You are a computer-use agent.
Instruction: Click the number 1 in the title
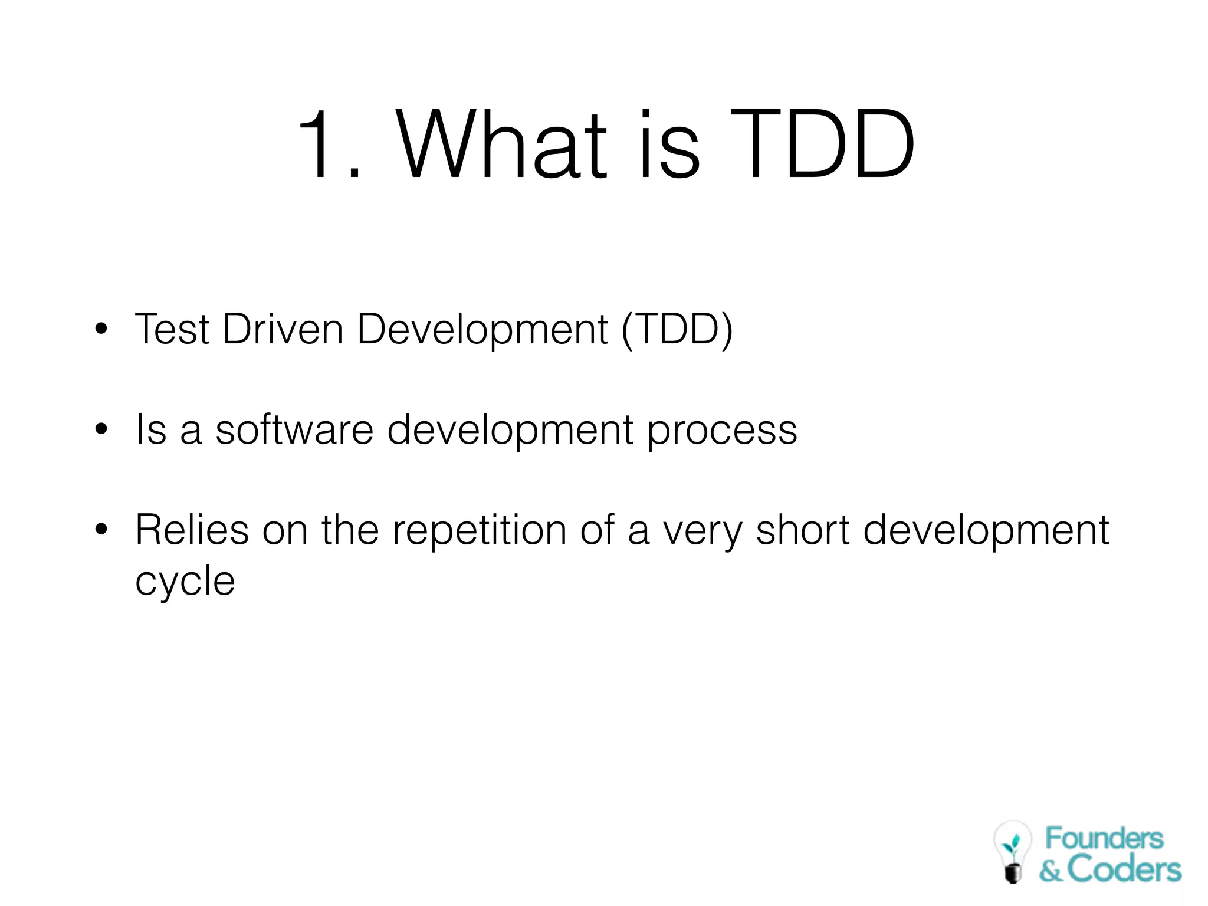[x=319, y=145]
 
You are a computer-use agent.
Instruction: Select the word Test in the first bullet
[x=172, y=329]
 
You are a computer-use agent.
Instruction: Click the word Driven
[x=283, y=329]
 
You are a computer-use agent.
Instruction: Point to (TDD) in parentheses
[x=677, y=329]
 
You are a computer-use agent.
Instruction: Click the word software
[x=294, y=429]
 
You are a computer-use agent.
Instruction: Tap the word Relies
[x=192, y=530]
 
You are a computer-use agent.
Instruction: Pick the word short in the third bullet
[x=802, y=530]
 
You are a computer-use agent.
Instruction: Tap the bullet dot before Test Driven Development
[x=101, y=329]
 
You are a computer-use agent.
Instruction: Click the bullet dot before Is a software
[x=101, y=429]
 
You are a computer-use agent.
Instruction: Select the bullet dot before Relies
[x=101, y=530]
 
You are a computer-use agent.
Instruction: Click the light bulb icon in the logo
[x=1012, y=851]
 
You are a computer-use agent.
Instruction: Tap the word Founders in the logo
[x=1104, y=838]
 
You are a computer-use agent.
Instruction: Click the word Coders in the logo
[x=1124, y=869]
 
